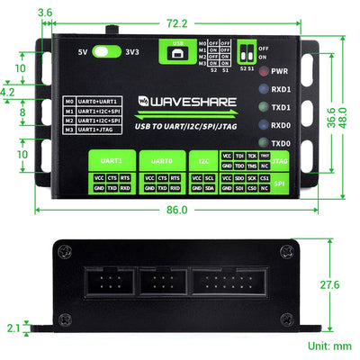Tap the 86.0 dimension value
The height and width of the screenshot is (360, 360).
coord(176,210)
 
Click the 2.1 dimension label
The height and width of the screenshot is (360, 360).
coord(12,328)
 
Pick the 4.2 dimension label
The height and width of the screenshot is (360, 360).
coord(8,92)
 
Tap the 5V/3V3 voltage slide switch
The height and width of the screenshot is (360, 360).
coord(107,52)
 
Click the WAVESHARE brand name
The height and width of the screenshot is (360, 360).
coord(184,101)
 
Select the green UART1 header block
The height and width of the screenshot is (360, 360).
coord(112,159)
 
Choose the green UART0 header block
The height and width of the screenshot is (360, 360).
coord(162,159)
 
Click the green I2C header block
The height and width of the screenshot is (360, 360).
coord(202,159)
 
